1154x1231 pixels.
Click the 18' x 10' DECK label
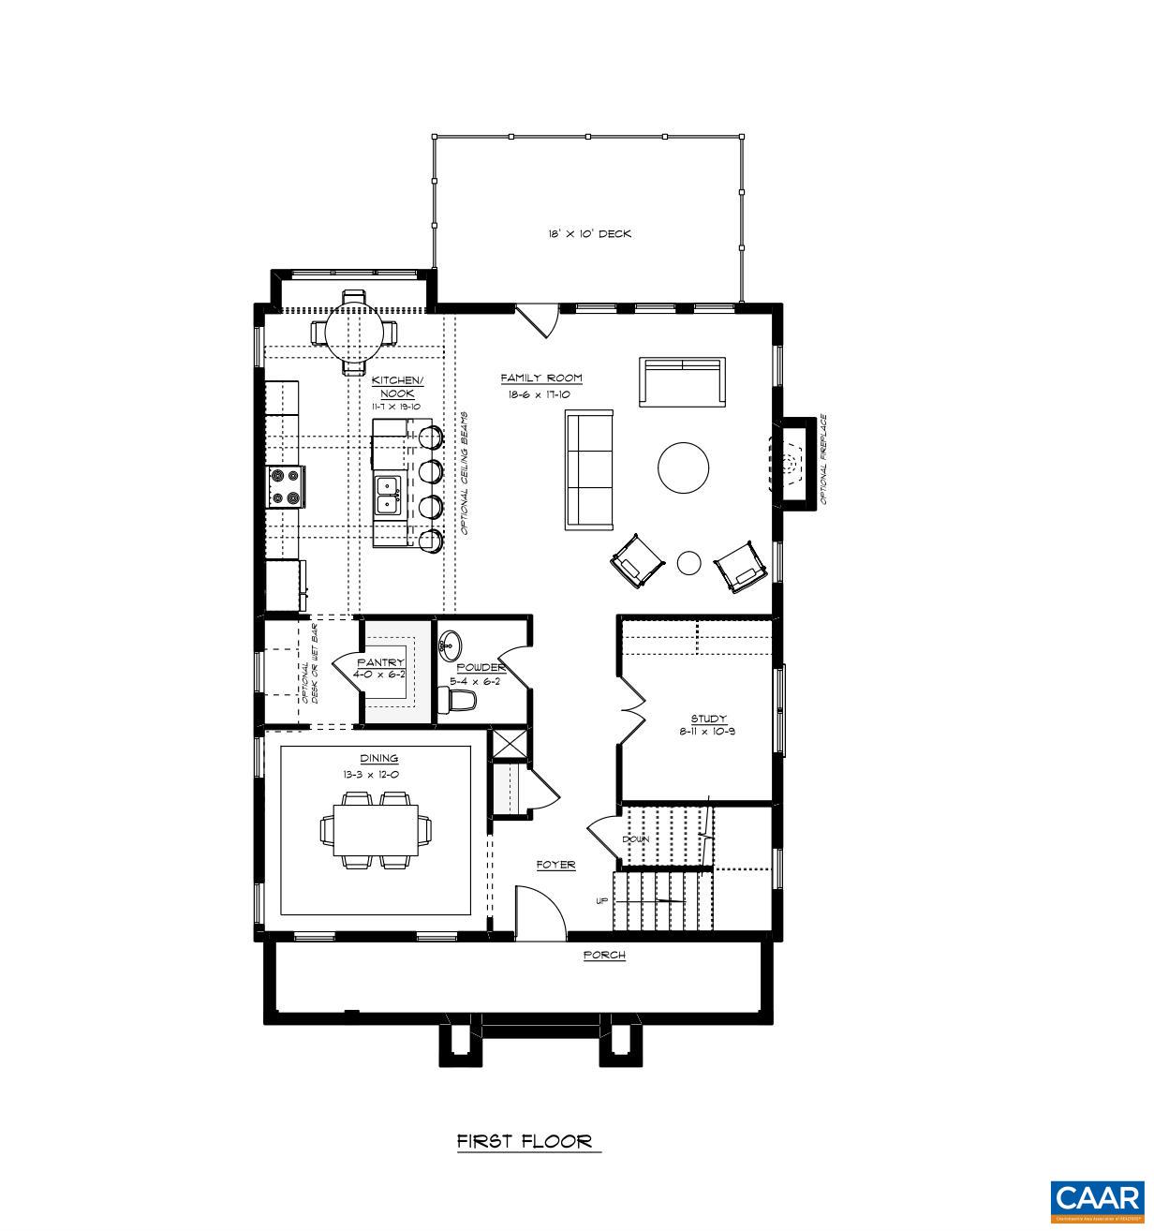point(589,233)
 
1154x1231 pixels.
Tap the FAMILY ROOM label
point(540,378)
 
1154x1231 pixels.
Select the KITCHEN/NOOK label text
point(397,386)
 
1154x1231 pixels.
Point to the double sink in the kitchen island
point(388,496)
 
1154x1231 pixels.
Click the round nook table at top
point(354,333)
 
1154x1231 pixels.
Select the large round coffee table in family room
point(683,467)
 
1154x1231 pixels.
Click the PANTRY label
point(380,662)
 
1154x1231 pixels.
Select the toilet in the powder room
point(459,699)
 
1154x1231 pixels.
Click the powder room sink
point(451,645)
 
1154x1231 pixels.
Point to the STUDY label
point(708,719)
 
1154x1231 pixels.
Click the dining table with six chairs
point(377,829)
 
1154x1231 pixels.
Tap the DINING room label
point(378,758)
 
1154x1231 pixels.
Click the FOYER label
point(555,865)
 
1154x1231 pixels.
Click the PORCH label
point(603,955)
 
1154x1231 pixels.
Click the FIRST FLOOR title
point(525,1141)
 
